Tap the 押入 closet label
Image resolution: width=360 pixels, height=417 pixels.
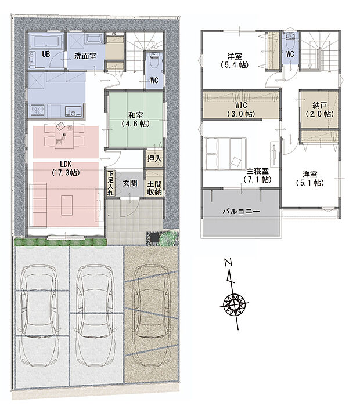(154, 158)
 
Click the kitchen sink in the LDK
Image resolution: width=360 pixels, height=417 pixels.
(73, 110)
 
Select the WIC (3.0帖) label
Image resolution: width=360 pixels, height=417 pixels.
(242, 110)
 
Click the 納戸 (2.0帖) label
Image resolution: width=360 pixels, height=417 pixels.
(319, 110)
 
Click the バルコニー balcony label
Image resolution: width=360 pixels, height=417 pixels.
(242, 212)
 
